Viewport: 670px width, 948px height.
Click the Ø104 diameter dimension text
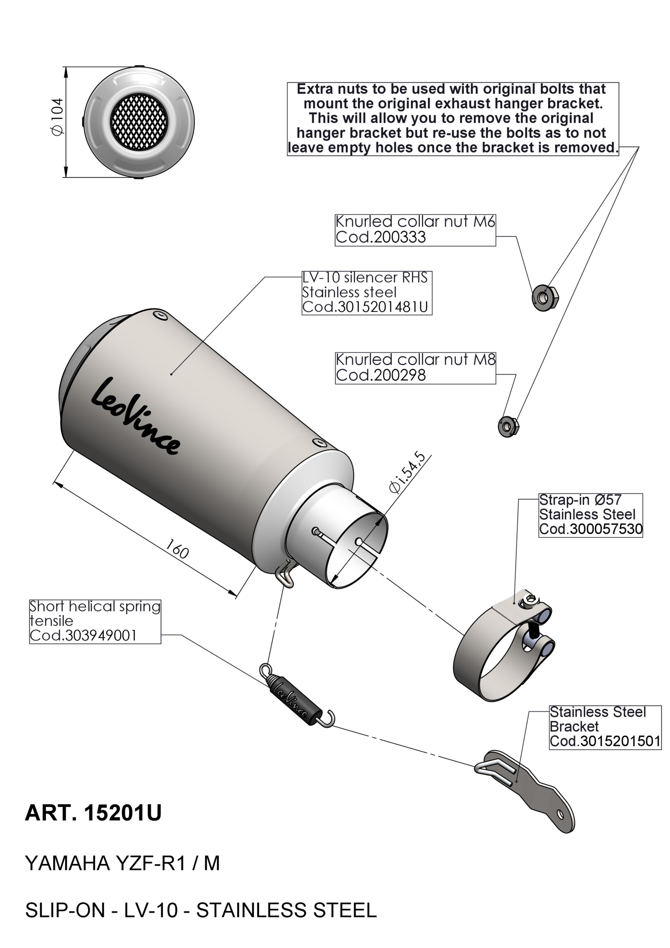58,116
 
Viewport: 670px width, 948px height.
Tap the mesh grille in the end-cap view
139,122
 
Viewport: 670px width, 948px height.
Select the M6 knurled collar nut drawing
545,297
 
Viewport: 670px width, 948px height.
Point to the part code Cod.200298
381,375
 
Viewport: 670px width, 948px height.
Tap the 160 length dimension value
177,549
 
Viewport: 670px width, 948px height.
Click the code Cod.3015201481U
365,307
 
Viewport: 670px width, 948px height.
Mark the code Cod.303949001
83,635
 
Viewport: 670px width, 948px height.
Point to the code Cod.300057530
590,529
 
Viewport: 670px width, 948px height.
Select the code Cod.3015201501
605,741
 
